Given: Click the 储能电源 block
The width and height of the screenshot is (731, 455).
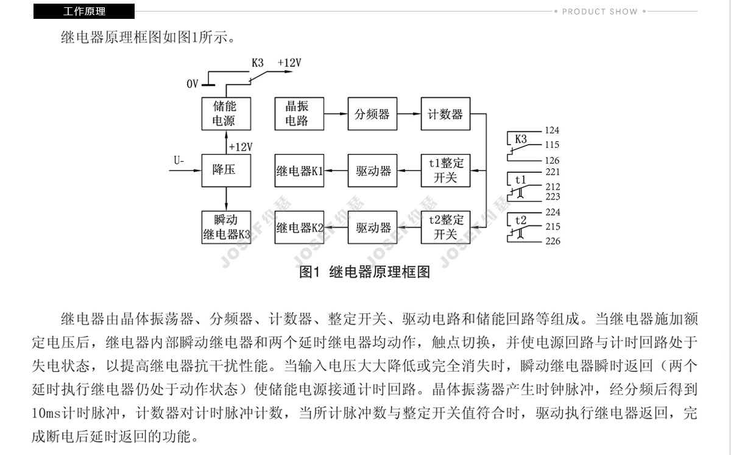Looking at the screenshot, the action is tap(226, 114).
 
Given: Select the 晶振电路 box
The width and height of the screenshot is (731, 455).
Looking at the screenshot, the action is tap(299, 114).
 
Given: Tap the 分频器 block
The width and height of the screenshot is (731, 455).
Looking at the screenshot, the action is tap(372, 114).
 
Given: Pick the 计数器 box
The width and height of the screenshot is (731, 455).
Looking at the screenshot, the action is tap(445, 114).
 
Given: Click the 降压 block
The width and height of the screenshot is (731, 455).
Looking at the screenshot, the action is tap(226, 170).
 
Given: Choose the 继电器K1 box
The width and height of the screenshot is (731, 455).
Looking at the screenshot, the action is tap(299, 170).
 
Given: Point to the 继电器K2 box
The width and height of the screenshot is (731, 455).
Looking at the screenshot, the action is tap(299, 227).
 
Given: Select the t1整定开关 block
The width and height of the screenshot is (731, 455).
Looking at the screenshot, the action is tap(445, 170).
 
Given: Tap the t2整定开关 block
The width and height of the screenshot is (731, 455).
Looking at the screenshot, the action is tap(445, 227).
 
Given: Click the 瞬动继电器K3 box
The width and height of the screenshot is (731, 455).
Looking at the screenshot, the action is tap(226, 227).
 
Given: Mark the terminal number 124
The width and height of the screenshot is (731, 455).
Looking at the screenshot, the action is tap(552, 130).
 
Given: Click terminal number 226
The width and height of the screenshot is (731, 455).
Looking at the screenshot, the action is tap(553, 241).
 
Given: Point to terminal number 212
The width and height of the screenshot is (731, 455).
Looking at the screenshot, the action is tap(553, 187).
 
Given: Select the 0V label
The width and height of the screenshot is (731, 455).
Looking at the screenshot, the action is tap(192, 84).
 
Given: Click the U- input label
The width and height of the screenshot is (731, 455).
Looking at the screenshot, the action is tap(179, 161).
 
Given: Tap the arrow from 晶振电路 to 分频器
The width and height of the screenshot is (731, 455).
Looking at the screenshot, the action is tap(336, 114).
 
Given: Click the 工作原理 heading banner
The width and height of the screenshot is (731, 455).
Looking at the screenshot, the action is tap(84, 12).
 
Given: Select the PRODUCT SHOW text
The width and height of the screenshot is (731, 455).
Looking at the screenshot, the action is tap(599, 12).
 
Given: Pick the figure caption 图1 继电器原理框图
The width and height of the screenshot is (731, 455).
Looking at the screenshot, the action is tap(364, 272).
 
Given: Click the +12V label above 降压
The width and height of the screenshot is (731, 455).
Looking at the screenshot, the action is tap(241, 147).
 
